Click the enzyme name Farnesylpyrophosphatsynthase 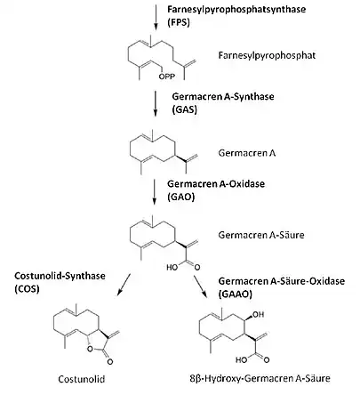click(x=236, y=9)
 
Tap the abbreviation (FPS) click(x=179, y=22)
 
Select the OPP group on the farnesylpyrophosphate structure click(x=167, y=77)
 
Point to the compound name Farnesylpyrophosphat click(x=267, y=55)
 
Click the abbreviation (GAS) click(x=184, y=109)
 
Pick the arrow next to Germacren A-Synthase click(x=155, y=103)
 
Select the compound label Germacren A click(x=247, y=153)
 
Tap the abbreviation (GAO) click(x=180, y=197)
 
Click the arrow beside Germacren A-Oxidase click(x=154, y=191)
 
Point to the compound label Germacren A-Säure click(x=261, y=235)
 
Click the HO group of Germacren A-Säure click(x=172, y=267)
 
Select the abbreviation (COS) click(x=27, y=288)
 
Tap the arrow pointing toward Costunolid click(x=124, y=285)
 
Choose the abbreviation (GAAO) click(x=236, y=294)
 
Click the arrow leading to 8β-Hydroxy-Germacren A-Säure click(x=201, y=286)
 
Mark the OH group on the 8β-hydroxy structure click(x=259, y=314)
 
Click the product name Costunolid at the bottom click(x=82, y=379)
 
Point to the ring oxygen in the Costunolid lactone click(x=90, y=349)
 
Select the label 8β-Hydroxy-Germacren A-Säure click(x=260, y=378)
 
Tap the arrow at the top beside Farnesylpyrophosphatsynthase click(x=155, y=16)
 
